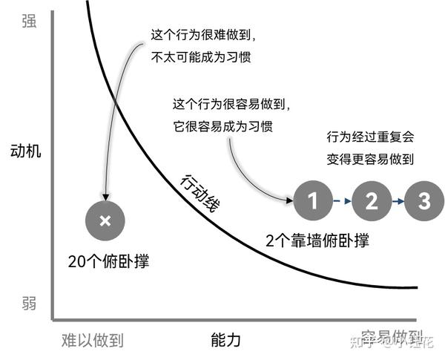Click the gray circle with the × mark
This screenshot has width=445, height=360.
coord(105,220)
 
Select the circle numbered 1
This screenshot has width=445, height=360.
coord(312,200)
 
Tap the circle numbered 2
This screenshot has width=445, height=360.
coord(372,200)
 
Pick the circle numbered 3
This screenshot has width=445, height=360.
coord(423,200)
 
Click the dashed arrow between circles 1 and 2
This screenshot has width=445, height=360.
coord(342,200)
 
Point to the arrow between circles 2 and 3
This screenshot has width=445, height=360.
coord(398,200)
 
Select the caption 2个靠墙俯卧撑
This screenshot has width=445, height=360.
coord(317,241)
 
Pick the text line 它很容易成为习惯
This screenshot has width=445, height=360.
coord(222,126)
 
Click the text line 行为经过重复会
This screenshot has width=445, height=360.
coord(370,137)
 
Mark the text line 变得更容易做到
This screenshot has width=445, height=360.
coord(370,158)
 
